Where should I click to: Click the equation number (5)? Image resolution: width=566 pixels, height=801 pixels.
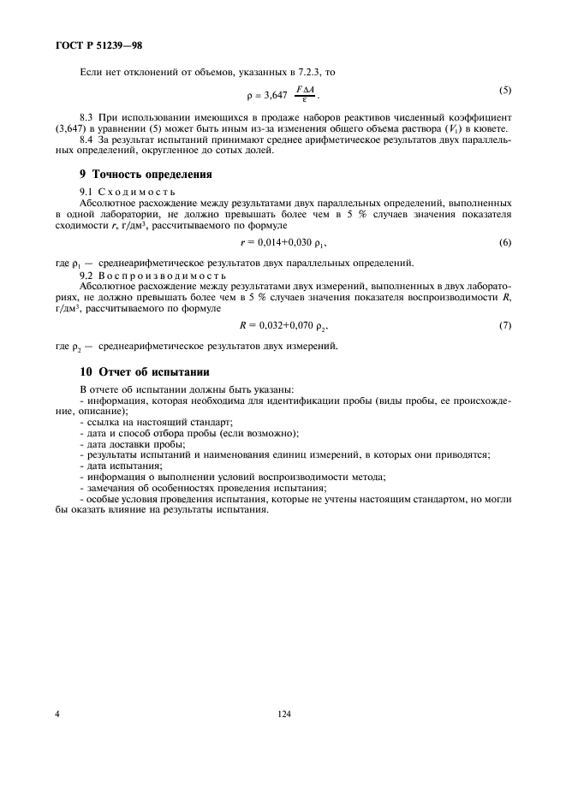[x=506, y=90]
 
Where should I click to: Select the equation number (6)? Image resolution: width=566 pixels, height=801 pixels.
[x=506, y=243]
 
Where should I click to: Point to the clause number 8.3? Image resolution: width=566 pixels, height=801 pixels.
[x=86, y=116]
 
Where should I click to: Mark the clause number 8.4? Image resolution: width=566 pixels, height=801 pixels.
[x=86, y=138]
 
